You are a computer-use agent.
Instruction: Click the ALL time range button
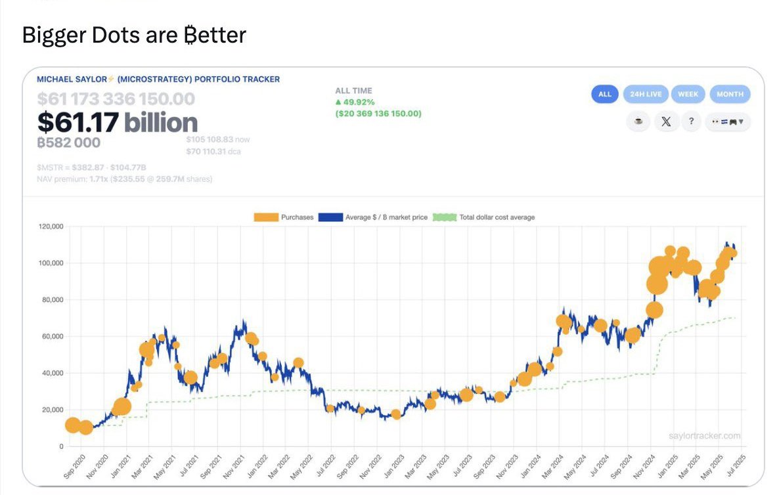(x=604, y=94)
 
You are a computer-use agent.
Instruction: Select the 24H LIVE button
(x=646, y=94)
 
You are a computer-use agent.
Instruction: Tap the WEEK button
(x=688, y=94)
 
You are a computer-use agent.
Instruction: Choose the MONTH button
(x=730, y=94)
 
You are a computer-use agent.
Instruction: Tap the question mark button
(x=691, y=121)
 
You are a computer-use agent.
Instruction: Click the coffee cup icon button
(x=638, y=121)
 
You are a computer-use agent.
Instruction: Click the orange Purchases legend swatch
(x=266, y=217)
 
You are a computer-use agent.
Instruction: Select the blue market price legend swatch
(x=330, y=217)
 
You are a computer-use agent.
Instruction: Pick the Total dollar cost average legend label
(x=497, y=217)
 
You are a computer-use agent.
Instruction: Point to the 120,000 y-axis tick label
(x=50, y=226)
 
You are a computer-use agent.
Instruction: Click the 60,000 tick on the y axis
(x=52, y=336)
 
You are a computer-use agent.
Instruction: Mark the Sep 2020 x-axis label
(x=73, y=465)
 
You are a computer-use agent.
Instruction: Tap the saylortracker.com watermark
(x=705, y=436)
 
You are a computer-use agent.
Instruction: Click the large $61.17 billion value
(x=117, y=122)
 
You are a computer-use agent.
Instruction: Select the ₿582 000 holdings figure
(x=69, y=142)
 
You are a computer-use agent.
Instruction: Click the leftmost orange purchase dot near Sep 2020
(x=74, y=425)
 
